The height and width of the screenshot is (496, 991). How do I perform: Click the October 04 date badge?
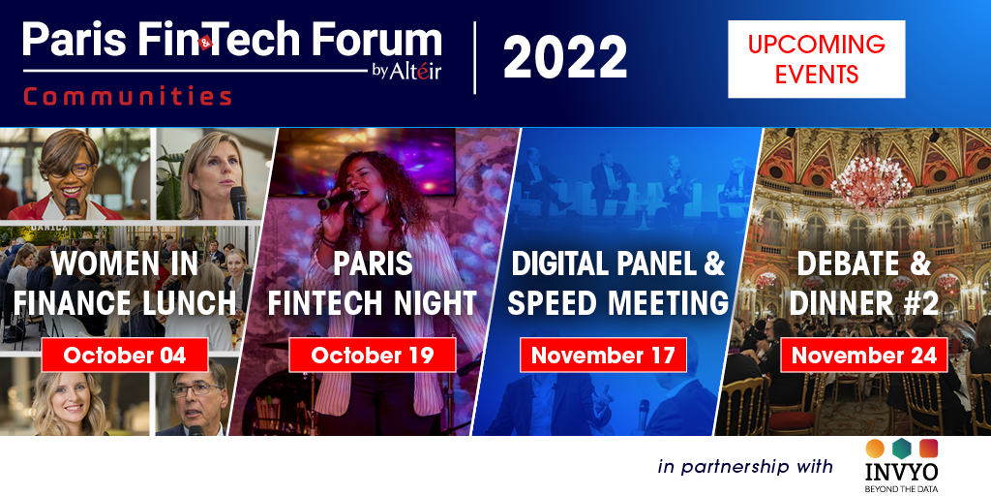pos(124,355)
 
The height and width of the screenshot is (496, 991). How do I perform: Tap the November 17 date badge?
pos(603,355)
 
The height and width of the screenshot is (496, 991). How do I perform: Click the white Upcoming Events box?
pos(816,59)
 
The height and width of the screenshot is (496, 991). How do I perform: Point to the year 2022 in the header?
pos(564,59)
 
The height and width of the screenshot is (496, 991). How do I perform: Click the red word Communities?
pos(127,97)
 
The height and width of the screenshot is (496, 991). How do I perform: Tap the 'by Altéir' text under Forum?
pos(406,71)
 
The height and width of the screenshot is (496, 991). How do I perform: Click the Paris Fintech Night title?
pos(373,282)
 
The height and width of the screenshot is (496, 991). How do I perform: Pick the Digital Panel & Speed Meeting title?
pos(617,282)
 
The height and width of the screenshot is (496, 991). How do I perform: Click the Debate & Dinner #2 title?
pos(864,282)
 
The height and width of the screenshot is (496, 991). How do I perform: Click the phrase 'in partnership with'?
pos(745,467)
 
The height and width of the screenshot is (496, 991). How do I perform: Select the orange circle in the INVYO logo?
pos(875,448)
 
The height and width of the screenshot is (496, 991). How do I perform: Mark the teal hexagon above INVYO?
pos(900,447)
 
